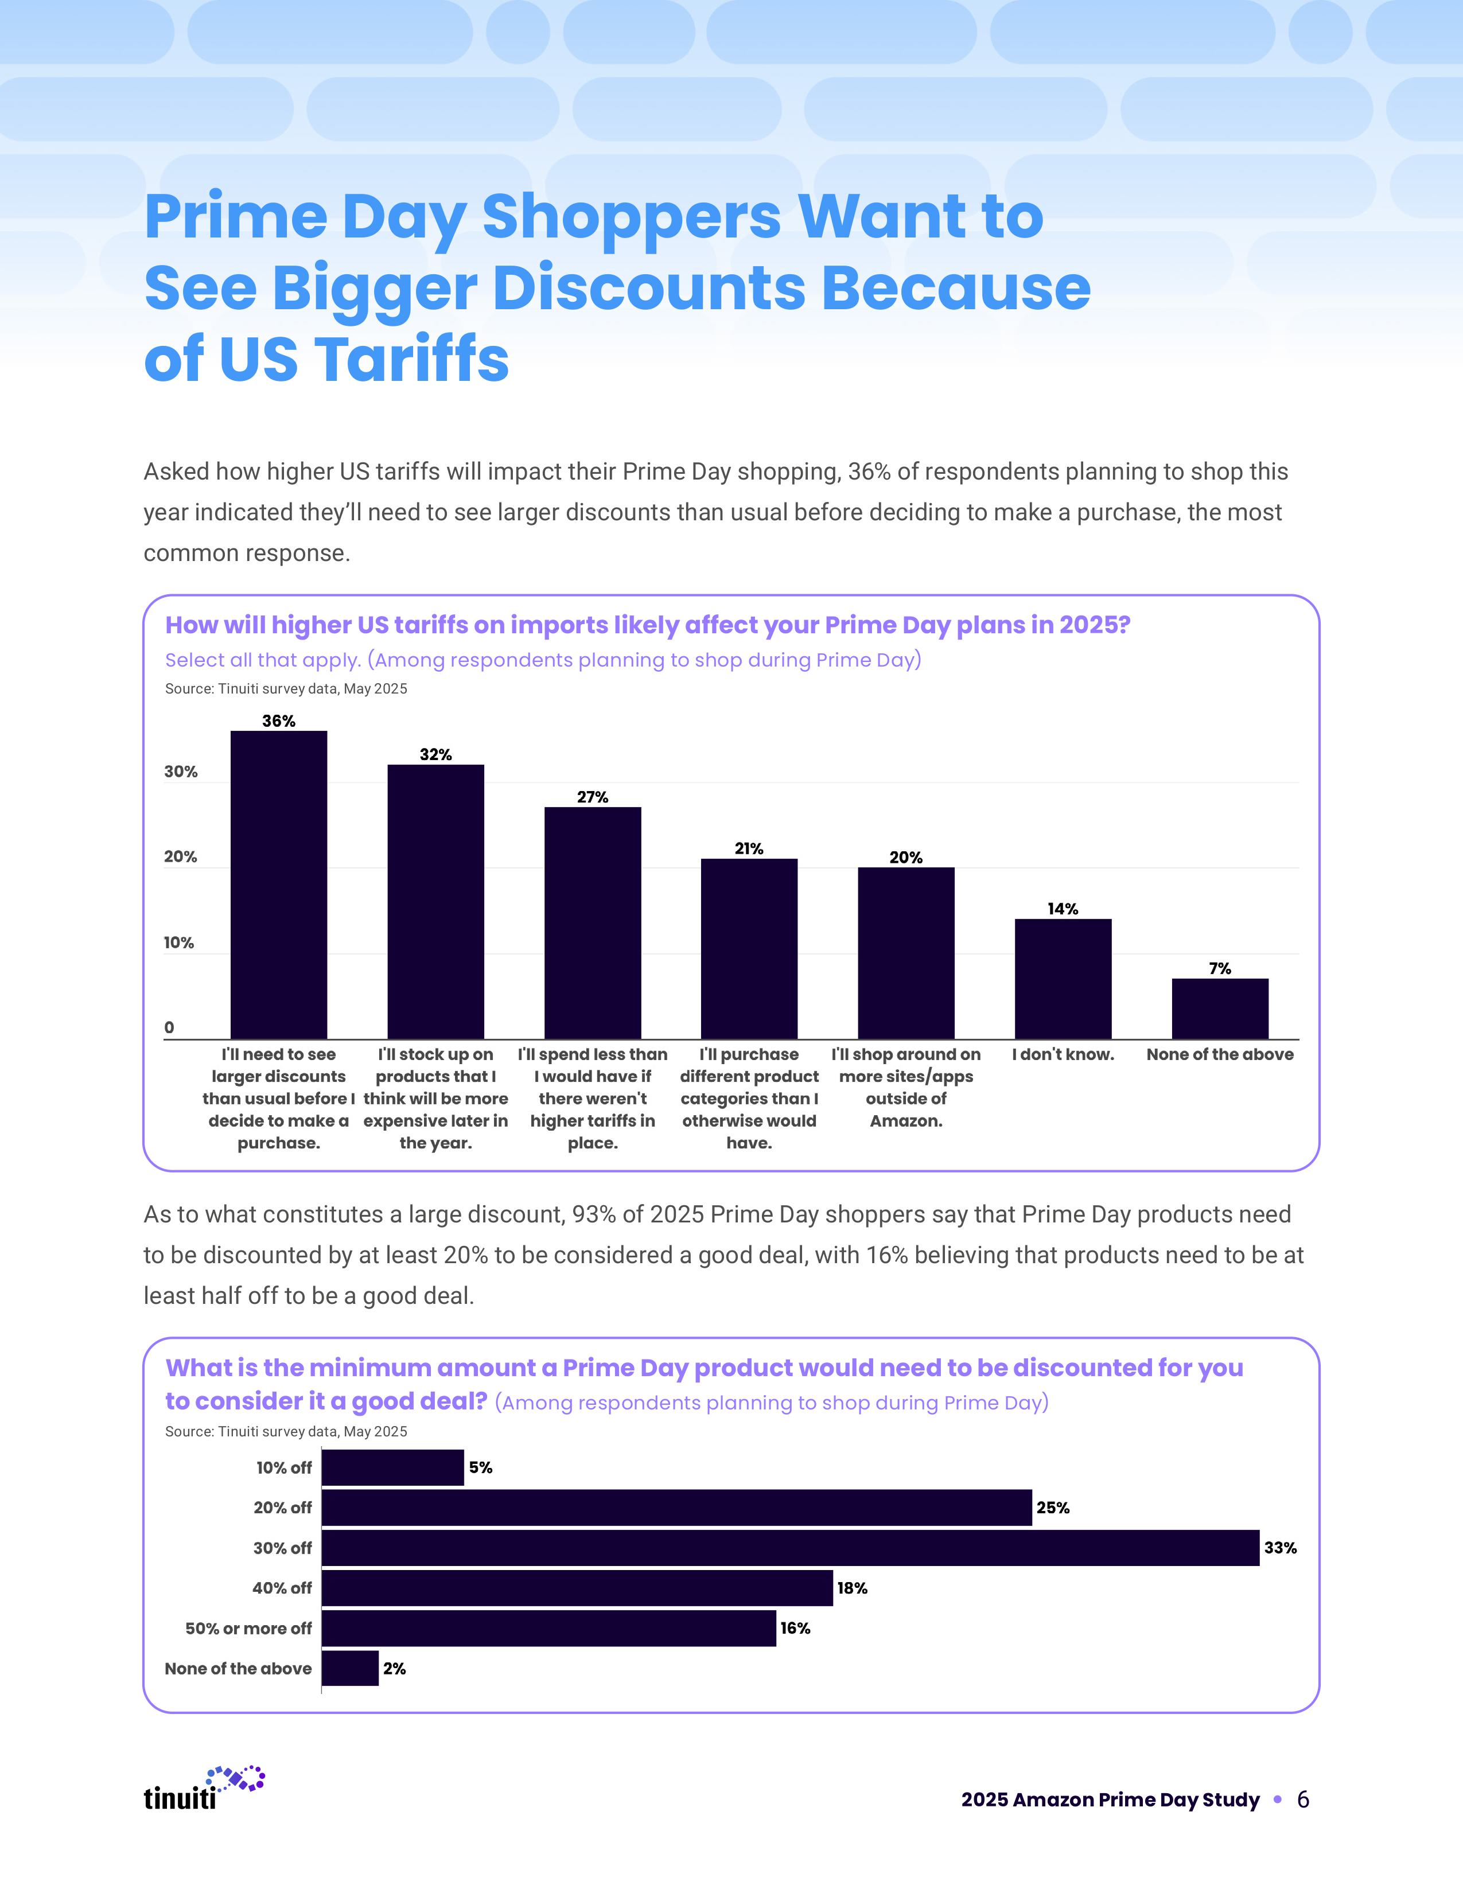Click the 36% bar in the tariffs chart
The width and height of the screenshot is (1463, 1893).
tap(278, 884)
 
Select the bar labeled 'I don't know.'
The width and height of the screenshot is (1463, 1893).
tap(1063, 979)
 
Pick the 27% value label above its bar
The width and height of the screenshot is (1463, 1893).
tap(593, 797)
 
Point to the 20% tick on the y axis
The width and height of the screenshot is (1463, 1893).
tap(180, 857)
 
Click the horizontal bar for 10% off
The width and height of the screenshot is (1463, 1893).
tap(392, 1467)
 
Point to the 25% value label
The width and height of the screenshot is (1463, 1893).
tap(1053, 1508)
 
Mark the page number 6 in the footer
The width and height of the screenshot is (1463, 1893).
tap(1303, 1799)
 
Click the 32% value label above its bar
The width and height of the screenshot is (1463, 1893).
tap(435, 754)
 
